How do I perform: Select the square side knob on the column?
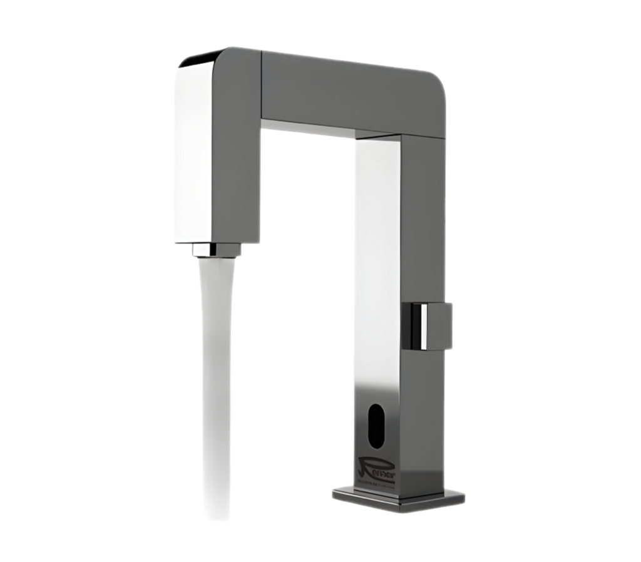tap(432, 324)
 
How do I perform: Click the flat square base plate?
tap(401, 498)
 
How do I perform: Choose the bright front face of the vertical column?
tap(376, 250)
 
